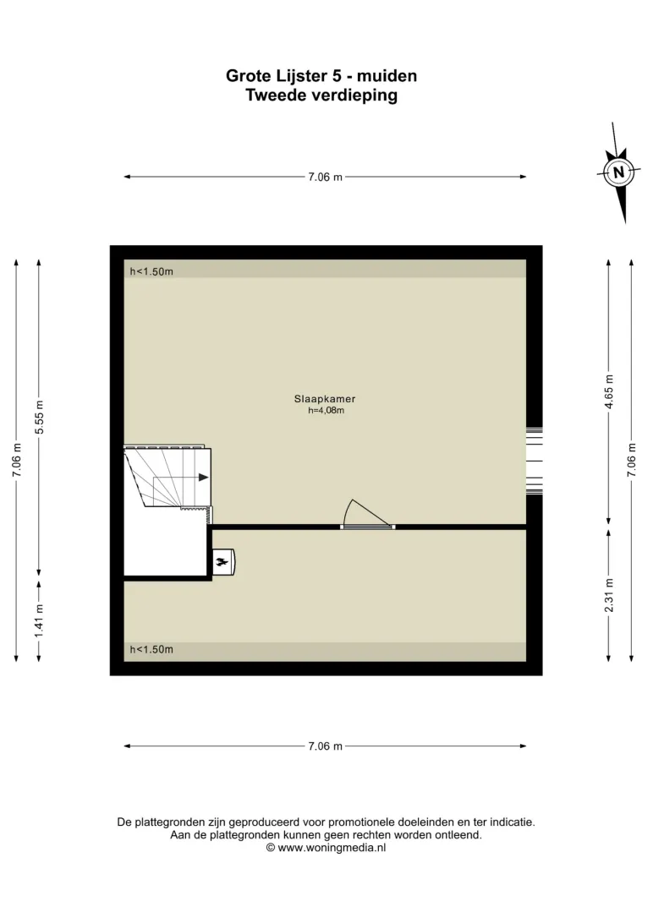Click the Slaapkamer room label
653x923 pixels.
[x=325, y=398]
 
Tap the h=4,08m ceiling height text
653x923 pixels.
[x=326, y=410]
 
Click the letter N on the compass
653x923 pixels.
[x=618, y=172]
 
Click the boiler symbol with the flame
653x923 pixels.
[x=224, y=562]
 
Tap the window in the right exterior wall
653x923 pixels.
[x=534, y=461]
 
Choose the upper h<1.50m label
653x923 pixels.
[x=151, y=271]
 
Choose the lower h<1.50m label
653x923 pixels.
[x=151, y=649]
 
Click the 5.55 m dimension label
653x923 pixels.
[x=40, y=417]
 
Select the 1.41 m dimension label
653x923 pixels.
[x=39, y=620]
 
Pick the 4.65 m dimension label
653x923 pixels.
[x=609, y=391]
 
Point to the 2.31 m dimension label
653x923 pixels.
[x=609, y=595]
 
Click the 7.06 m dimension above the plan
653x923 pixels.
[x=325, y=177]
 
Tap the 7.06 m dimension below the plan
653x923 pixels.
[x=325, y=745]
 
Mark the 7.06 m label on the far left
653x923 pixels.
[x=16, y=461]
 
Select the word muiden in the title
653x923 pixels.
[x=387, y=76]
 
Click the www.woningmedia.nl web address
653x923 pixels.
[x=332, y=848]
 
